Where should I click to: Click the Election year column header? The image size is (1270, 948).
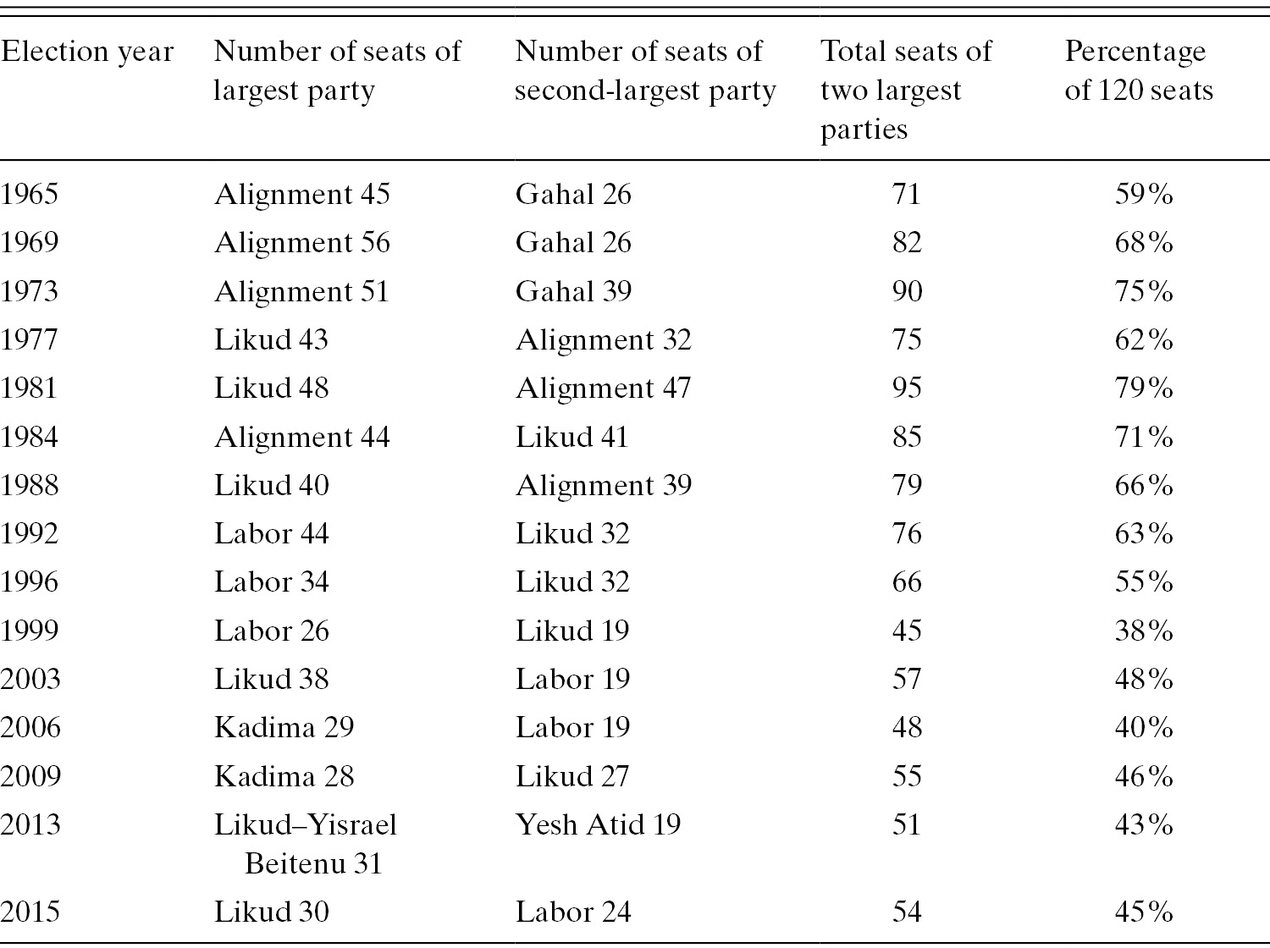click(87, 52)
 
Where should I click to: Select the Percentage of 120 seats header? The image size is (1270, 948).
click(1139, 71)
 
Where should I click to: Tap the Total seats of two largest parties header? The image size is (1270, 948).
click(905, 90)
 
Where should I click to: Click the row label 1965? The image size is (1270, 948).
click(30, 195)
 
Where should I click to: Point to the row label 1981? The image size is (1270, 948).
click(30, 389)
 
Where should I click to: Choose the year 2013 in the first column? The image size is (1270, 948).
click(30, 825)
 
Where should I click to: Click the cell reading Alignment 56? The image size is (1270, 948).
click(302, 243)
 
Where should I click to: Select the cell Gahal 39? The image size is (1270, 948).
click(573, 292)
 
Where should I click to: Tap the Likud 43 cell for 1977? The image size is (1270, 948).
click(271, 340)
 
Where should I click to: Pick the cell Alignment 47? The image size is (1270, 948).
click(603, 389)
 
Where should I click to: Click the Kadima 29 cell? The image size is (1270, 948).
click(284, 728)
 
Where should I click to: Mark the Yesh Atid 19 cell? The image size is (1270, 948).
click(598, 825)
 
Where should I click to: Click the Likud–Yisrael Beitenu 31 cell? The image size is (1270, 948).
click(306, 844)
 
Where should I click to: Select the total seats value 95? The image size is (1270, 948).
click(906, 389)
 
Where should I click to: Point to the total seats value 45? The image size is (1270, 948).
click(906, 631)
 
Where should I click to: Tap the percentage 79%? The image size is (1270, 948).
click(1144, 389)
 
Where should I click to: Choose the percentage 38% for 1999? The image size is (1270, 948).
click(1144, 631)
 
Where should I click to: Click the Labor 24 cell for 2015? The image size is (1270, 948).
click(573, 912)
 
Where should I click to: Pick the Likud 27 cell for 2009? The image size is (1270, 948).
click(572, 777)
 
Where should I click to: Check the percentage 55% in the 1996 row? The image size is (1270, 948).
click(1144, 582)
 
